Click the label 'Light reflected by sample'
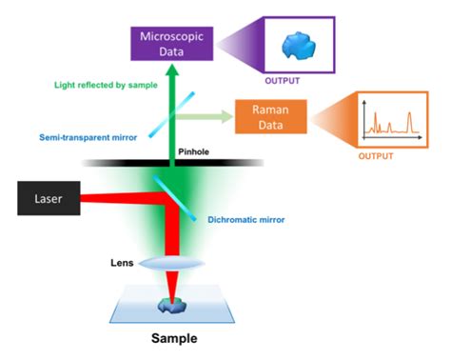coord(106,86)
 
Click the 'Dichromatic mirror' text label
coord(251,220)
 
